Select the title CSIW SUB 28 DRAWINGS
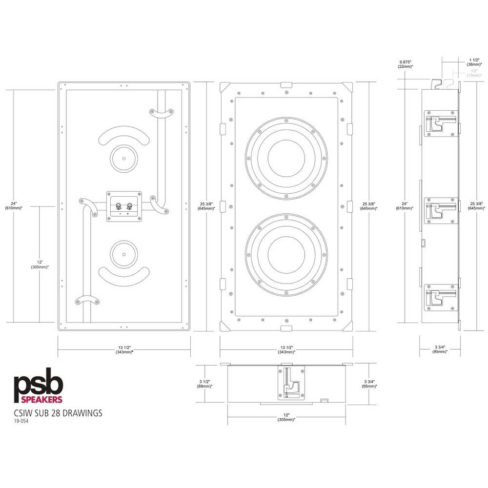pos(58,413)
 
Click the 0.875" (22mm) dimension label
pos(405,64)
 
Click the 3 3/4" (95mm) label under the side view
pos(441,349)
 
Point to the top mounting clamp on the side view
pos(441,122)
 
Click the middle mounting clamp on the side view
pos(441,210)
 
